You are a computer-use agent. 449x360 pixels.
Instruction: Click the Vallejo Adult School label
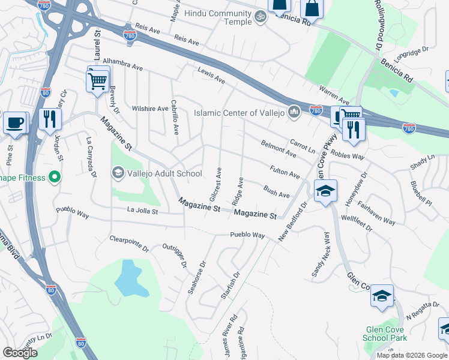coord(164,173)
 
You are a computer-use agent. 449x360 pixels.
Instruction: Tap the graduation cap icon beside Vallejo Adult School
coord(118,173)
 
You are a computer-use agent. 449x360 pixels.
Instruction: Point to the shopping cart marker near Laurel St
coord(98,80)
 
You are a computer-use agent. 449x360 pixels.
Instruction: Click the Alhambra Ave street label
coord(120,61)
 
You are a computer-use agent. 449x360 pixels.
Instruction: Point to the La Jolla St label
coord(142,211)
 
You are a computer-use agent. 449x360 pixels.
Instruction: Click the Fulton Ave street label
coord(285,173)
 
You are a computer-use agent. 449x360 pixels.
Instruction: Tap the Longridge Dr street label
coord(412,52)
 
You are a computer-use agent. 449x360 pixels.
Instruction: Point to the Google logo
coord(20,353)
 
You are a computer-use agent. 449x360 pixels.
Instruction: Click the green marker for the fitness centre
coord(54,178)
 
